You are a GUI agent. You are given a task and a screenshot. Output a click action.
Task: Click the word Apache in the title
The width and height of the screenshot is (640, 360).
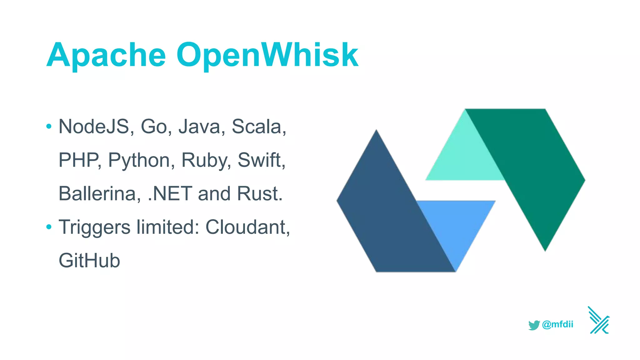pos(106,56)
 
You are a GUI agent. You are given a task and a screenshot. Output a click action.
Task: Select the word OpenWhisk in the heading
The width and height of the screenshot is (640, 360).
pos(267,56)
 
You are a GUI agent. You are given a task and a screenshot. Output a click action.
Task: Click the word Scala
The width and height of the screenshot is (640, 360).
pos(257,127)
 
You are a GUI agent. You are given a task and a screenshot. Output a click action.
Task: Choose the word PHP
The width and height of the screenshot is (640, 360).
pos(78,160)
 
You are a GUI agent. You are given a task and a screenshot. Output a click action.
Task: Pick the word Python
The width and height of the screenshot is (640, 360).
pos(139,161)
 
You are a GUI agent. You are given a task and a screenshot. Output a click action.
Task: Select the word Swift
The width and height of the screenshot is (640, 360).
pos(260,160)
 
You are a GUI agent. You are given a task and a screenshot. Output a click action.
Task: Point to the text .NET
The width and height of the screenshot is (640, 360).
pos(170,194)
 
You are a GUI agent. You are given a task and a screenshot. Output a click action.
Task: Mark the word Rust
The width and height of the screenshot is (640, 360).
pos(257,194)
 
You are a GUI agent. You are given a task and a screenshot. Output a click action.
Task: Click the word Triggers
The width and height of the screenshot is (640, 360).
pos(94,227)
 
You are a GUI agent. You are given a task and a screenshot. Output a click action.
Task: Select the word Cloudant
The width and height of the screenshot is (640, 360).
pos(246,227)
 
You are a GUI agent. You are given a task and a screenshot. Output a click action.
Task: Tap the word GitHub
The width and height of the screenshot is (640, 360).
pos(89,261)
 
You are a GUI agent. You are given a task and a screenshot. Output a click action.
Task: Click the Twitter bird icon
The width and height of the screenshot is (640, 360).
pos(534,325)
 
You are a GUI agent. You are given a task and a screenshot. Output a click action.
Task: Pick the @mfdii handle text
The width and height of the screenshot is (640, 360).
pos(557,324)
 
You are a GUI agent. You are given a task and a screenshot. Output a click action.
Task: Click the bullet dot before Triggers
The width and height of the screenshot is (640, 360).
pos(49,227)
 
